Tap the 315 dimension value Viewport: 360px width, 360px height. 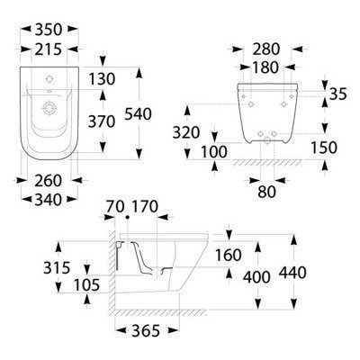pos(29,267)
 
